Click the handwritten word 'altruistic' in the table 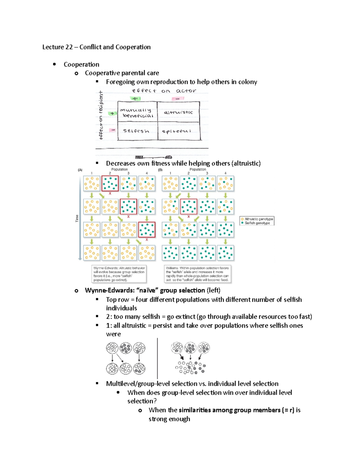pos(178,112)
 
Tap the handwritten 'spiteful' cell pos(177,131)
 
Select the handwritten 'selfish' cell pos(136,131)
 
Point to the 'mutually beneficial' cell pos(137,113)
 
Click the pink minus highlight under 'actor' pos(177,99)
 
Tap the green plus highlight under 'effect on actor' pos(135,98)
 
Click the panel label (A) pos(80,170)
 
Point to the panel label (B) pos(160,170)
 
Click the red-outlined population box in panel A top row pos(110,183)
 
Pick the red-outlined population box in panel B pos(189,207)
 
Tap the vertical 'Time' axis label pos(77,218)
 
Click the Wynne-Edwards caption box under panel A pos(119,274)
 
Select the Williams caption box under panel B pos(197,274)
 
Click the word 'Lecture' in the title pos(53,47)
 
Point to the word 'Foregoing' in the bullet pos(120,82)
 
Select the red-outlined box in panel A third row pos(147,230)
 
